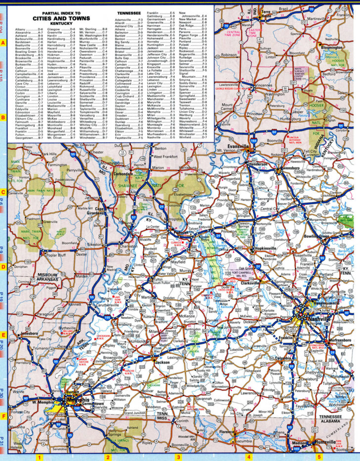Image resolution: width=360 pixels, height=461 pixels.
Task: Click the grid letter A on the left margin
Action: (x=3, y=43)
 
